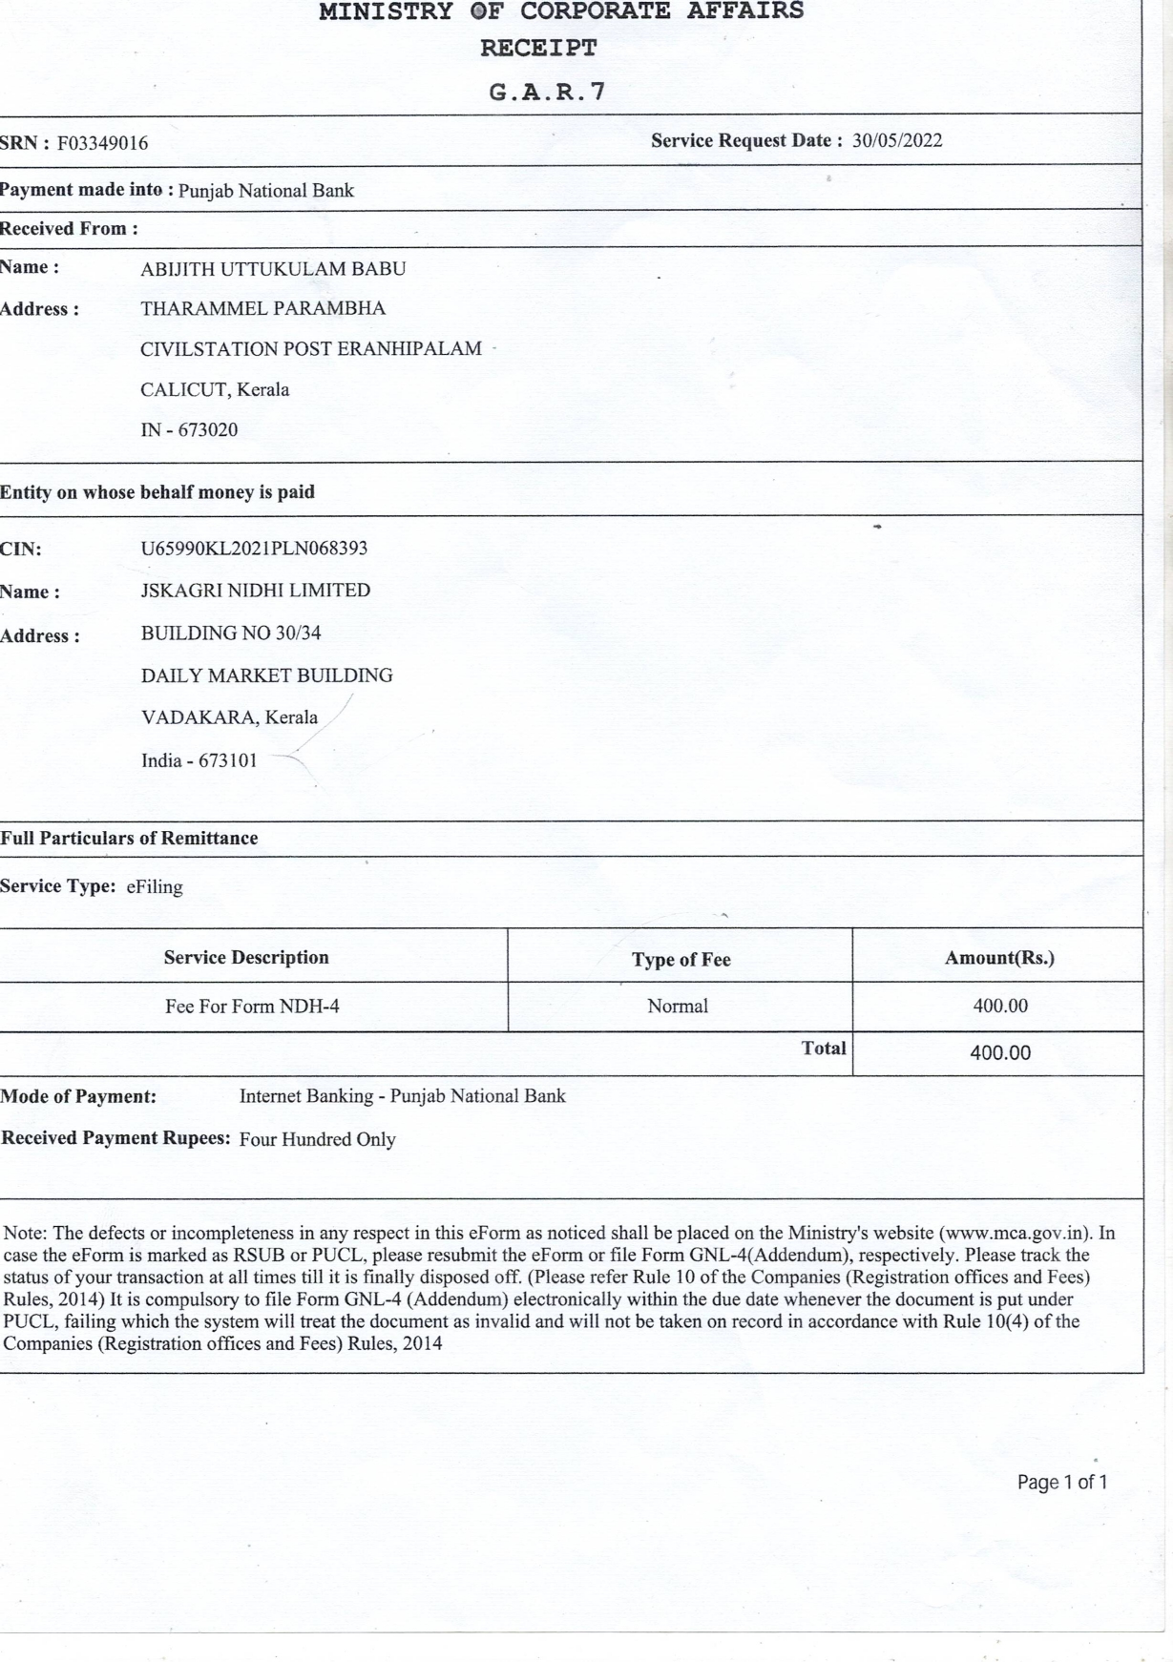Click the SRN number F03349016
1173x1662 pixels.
102,144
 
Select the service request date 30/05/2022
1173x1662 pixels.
897,141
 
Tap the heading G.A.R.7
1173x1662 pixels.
547,93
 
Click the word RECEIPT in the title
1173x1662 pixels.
538,48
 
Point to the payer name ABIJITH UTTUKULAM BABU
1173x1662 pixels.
273,269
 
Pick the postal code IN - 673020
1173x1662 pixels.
189,430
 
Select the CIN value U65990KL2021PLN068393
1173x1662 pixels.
254,549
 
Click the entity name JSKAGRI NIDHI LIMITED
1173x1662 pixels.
256,591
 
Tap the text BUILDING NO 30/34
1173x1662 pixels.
231,634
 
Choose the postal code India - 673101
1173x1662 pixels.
199,761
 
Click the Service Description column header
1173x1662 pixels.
246,958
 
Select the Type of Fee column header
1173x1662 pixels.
681,960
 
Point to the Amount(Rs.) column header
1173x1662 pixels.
999,958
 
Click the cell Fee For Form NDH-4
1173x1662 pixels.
252,1007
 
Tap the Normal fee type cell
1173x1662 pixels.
678,1007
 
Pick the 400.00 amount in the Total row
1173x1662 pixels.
1000,1053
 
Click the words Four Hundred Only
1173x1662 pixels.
317,1140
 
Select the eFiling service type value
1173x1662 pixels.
155,887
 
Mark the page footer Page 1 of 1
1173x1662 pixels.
1062,1483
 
